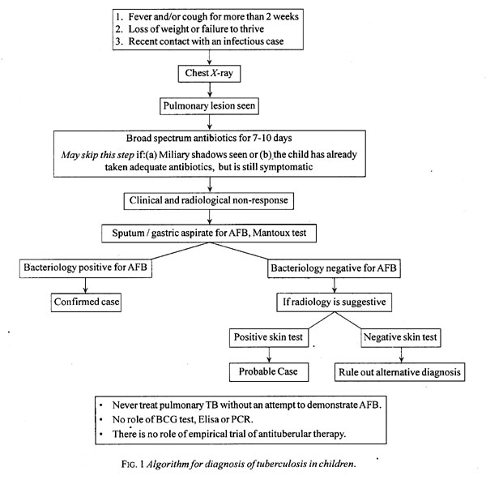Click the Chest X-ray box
(x=209, y=74)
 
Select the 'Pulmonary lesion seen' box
(x=209, y=106)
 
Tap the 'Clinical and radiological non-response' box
(x=209, y=201)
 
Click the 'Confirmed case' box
(x=86, y=302)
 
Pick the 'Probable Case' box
(x=269, y=372)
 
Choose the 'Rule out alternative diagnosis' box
(x=399, y=372)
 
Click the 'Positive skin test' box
(x=269, y=337)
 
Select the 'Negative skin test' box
(x=400, y=337)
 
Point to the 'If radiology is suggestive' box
(x=334, y=302)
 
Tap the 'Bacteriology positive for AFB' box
(x=86, y=268)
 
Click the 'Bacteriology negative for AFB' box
(x=334, y=268)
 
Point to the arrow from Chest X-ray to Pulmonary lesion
(x=210, y=90)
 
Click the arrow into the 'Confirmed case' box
(x=85, y=285)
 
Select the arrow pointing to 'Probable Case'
(x=269, y=355)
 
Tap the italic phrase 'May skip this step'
(x=97, y=155)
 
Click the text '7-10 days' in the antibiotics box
(x=272, y=138)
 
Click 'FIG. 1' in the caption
(x=133, y=464)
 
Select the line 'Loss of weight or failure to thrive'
(x=196, y=29)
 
